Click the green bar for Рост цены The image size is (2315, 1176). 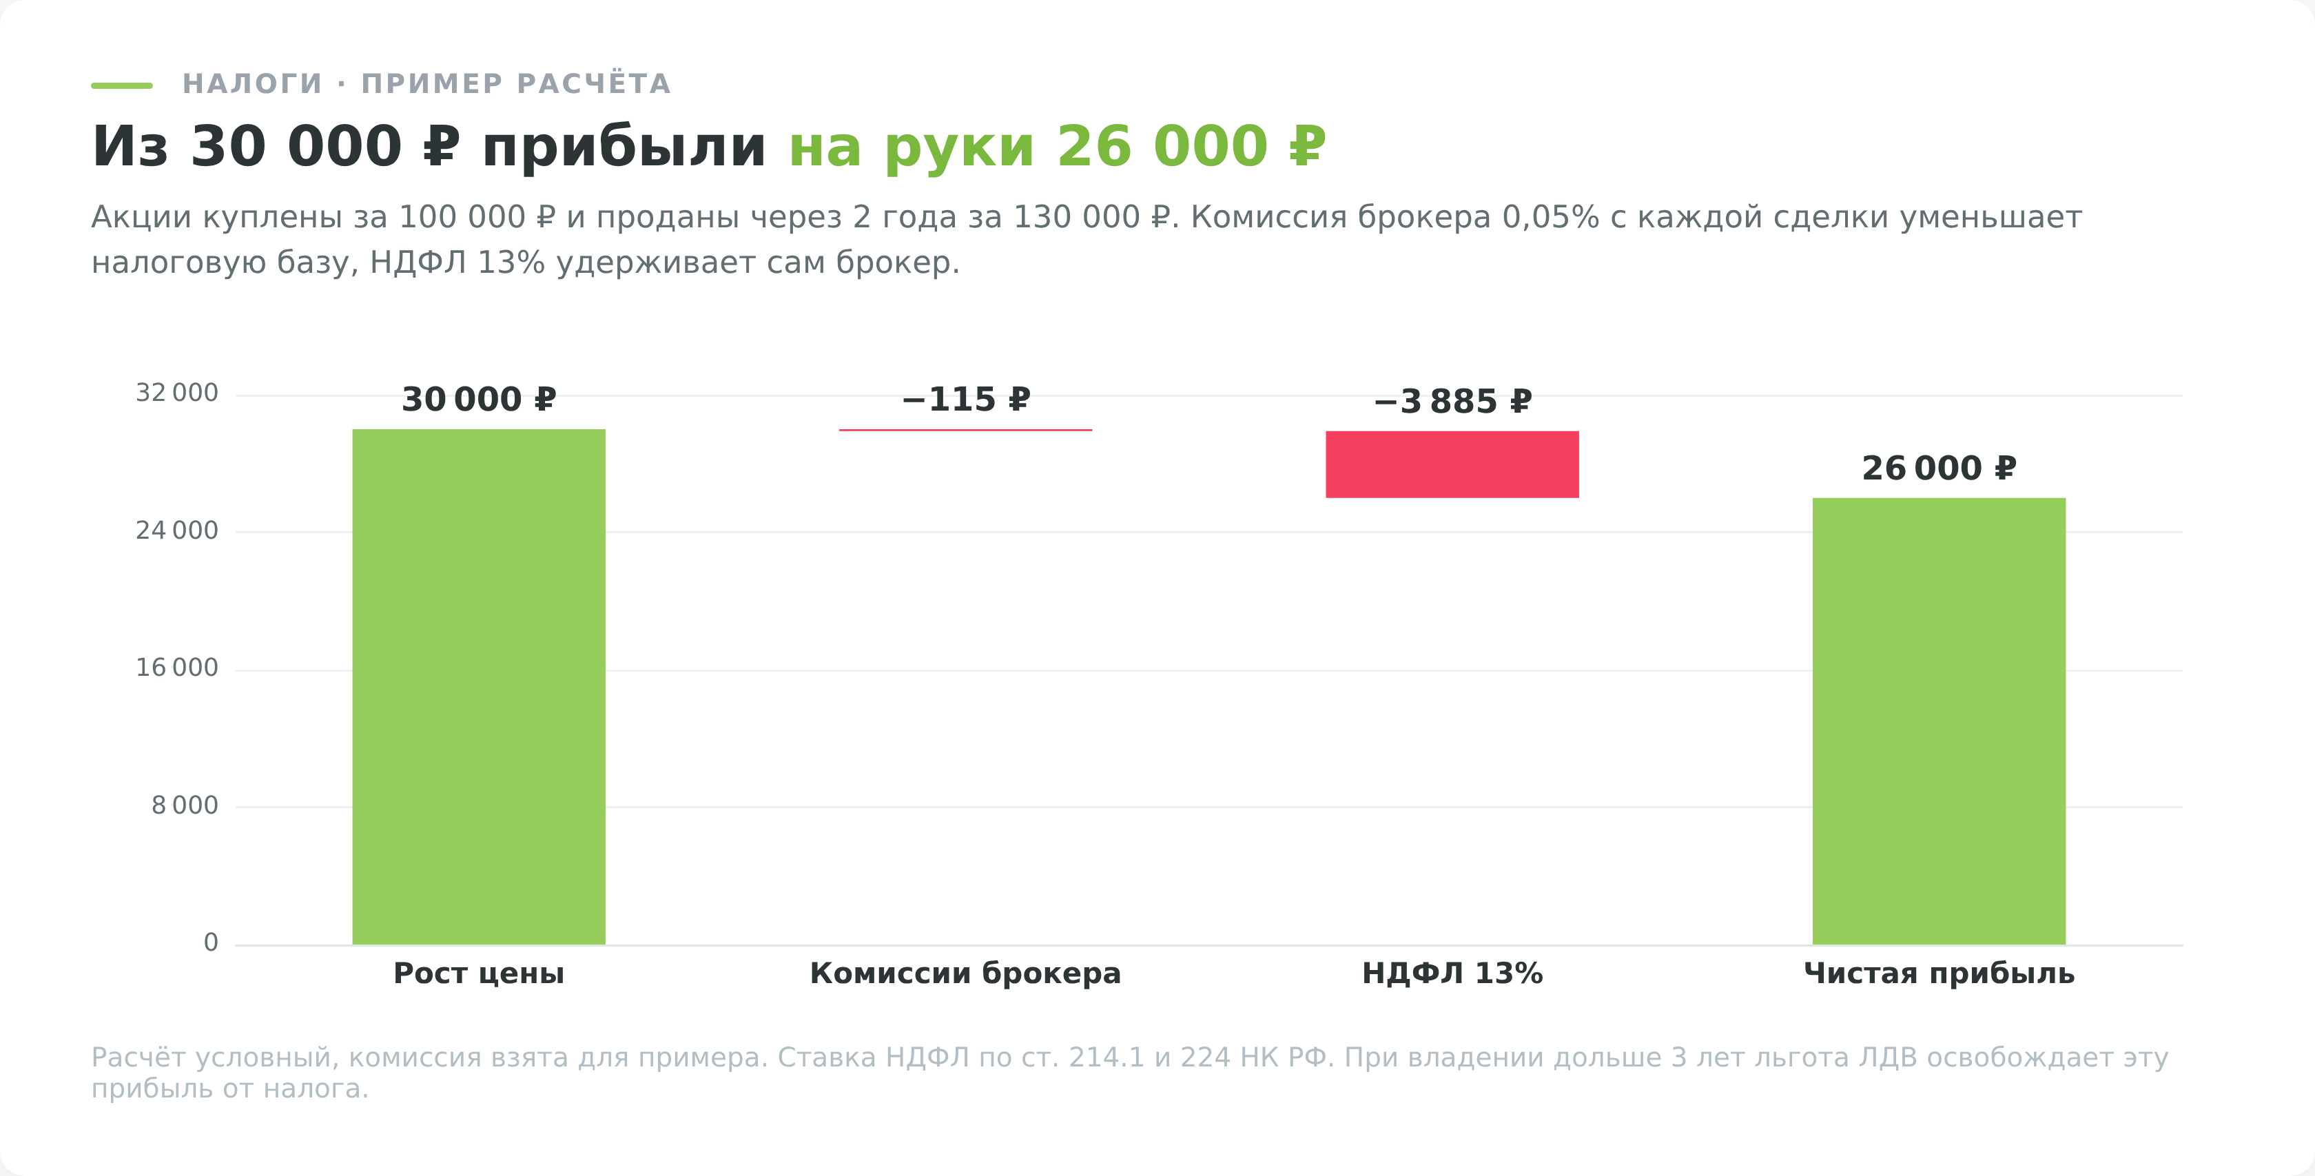[478, 686]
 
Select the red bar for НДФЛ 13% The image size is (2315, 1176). [1452, 464]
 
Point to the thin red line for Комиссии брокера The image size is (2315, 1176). [965, 431]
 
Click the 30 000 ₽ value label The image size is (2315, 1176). [478, 399]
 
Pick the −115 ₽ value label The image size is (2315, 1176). [965, 399]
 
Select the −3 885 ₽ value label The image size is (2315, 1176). [1452, 401]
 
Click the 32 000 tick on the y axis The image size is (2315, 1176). [177, 393]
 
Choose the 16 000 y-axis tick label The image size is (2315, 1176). [177, 668]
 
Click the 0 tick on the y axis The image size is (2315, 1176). [212, 942]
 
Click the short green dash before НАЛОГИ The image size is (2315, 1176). [121, 85]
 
